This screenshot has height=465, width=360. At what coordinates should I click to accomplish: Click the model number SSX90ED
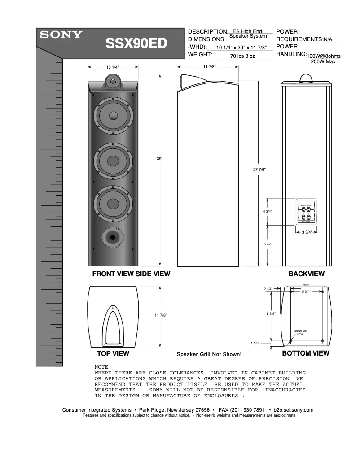tap(136, 43)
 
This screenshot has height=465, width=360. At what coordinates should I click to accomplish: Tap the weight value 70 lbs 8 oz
tap(242, 56)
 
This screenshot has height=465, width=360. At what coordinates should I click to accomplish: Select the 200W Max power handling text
tap(323, 61)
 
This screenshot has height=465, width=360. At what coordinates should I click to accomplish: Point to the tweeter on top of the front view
tap(113, 82)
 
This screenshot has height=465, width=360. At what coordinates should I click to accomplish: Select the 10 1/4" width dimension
tap(112, 67)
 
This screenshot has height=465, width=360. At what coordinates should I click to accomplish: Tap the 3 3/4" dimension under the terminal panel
tap(307, 232)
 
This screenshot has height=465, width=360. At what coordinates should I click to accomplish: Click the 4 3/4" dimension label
tap(268, 211)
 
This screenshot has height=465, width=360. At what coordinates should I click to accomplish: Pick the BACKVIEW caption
tap(306, 274)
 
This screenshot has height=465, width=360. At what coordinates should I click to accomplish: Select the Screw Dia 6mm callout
tap(300, 332)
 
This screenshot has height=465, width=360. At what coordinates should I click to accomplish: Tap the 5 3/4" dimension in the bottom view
tap(307, 292)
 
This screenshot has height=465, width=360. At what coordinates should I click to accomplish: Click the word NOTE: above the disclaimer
tap(103, 367)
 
